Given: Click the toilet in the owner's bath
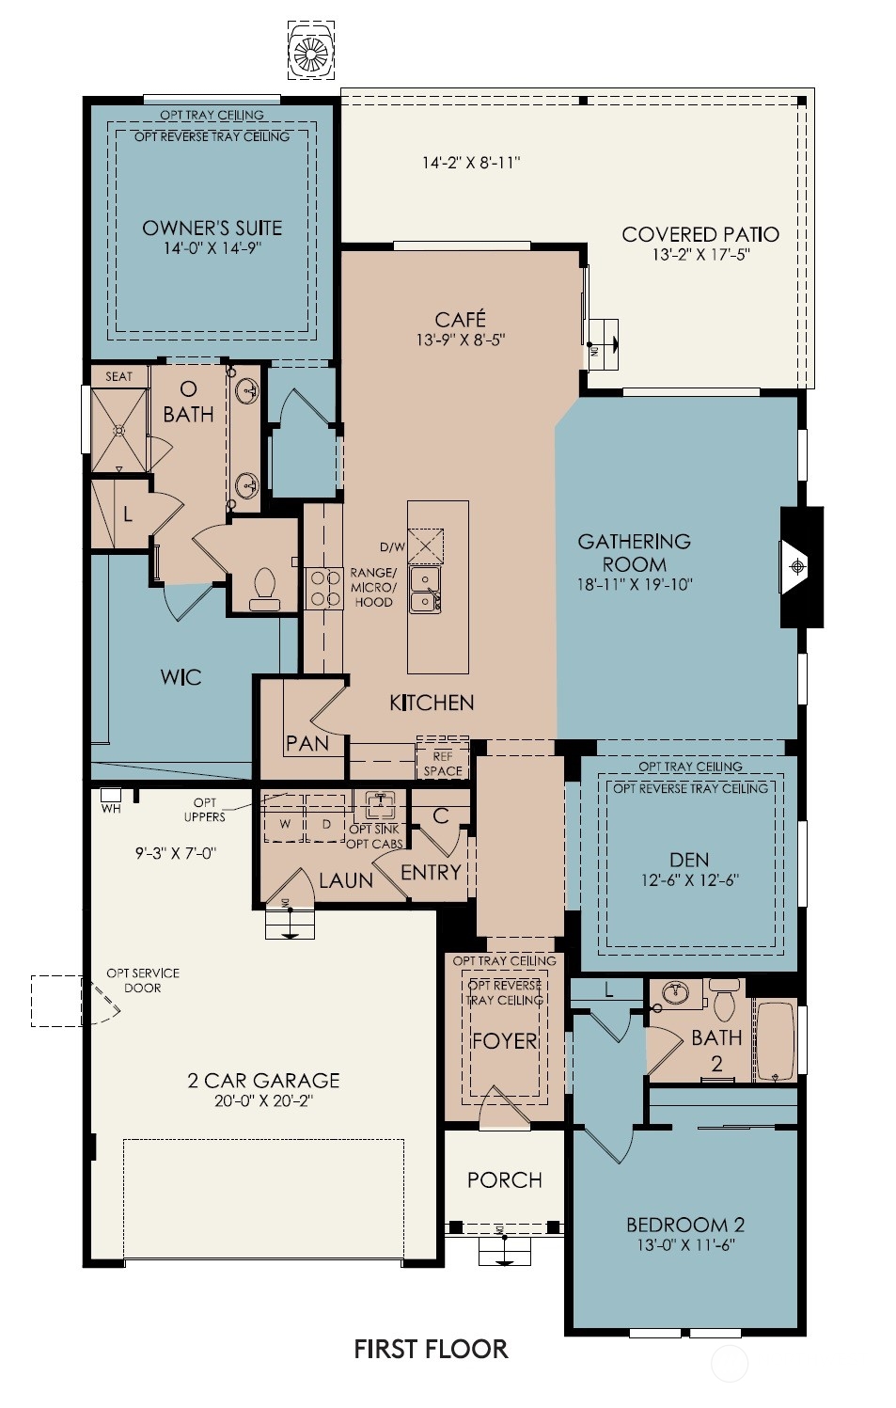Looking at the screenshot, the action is point(264,589).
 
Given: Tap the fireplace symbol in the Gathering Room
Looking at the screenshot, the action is point(796,567).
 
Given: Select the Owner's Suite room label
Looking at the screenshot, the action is point(212,228).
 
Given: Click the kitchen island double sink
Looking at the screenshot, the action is point(425,589).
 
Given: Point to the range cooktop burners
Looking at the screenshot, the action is point(324,589).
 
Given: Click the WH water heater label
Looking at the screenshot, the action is point(111,808).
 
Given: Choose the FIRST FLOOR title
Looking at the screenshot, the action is point(431,1349).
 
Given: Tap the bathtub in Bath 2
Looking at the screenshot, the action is point(775,1040).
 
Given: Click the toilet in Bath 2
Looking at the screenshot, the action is point(724,1000).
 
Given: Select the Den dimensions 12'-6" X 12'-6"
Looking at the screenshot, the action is point(689,880).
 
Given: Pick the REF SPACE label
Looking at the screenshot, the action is point(442,764).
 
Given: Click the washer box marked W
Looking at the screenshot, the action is point(285,818).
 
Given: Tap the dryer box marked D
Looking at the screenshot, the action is point(325,818).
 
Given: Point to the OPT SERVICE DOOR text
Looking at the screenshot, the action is point(143,980).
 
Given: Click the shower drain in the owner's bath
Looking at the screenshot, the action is point(119,431).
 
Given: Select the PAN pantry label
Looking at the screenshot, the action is point(307,744).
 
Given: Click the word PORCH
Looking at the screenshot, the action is point(505,1179).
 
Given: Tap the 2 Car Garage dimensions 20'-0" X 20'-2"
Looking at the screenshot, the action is point(263,1100).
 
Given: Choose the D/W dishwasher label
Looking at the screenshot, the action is point(393,546).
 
